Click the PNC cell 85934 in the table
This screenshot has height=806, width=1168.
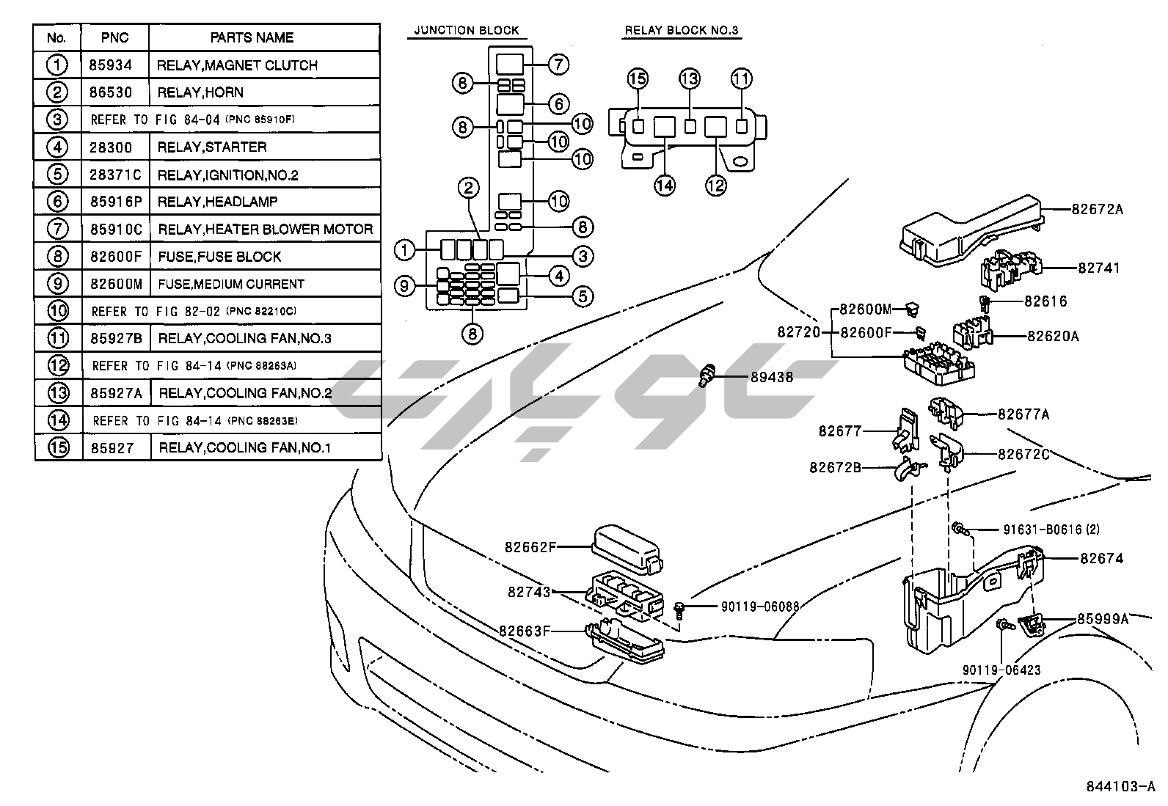coord(111,65)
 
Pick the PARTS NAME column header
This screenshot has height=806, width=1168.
coord(252,37)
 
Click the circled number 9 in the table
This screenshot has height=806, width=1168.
coord(57,284)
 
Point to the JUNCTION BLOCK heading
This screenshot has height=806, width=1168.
coord(466,31)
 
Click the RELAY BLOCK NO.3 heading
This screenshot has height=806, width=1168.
coord(681,31)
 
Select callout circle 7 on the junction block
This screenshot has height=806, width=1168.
coord(558,65)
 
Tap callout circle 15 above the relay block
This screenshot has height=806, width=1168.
coord(638,79)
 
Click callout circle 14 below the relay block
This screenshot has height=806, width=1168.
coord(665,186)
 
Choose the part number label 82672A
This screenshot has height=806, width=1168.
coord(1097,209)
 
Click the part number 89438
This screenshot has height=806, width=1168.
coord(772,378)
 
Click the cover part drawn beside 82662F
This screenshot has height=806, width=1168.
coord(626,548)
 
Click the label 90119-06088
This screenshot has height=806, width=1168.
coord(759,607)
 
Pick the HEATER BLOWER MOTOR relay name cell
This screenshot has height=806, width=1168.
coord(265,230)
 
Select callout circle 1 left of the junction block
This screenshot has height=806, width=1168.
coord(404,250)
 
